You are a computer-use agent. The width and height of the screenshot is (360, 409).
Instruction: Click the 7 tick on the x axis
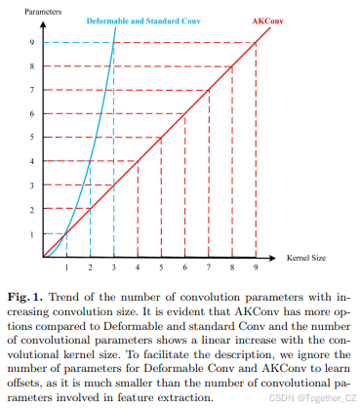click(209, 267)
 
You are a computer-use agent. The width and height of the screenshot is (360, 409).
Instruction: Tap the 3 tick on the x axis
click(114, 267)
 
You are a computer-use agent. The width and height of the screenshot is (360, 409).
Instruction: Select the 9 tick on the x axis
click(257, 267)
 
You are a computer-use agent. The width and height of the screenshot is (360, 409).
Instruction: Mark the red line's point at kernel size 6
click(184, 113)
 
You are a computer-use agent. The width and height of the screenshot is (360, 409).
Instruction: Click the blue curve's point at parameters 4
click(91, 162)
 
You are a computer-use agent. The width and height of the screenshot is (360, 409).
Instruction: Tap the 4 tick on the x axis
click(138, 267)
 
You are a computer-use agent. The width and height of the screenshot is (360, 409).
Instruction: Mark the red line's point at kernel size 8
click(232, 65)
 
